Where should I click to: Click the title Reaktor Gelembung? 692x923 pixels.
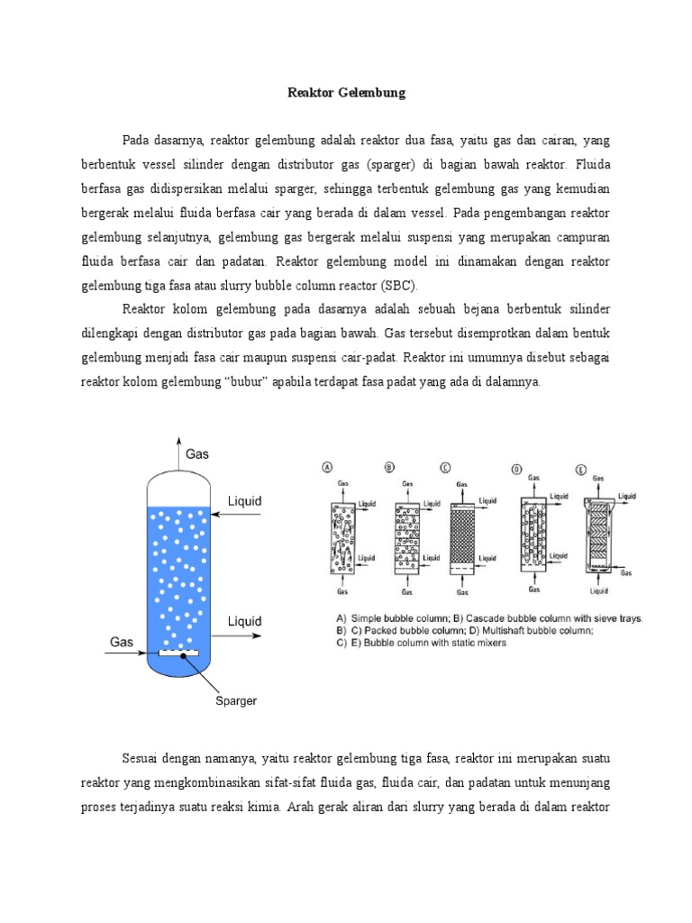click(347, 93)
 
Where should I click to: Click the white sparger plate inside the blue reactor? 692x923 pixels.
click(179, 651)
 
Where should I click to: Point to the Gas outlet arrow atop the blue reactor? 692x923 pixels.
click(180, 455)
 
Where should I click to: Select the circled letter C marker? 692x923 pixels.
click(446, 466)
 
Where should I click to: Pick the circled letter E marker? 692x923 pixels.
click(582, 468)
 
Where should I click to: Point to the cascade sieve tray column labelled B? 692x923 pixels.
click(407, 538)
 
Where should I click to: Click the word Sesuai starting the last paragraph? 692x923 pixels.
click(142, 754)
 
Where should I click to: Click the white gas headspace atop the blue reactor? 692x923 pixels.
click(179, 490)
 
